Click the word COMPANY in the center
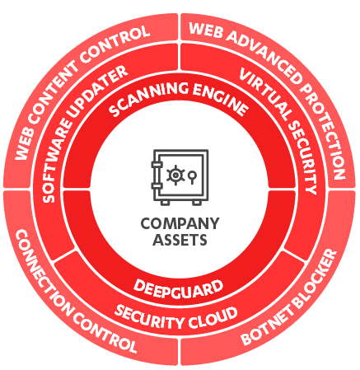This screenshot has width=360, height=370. [x=180, y=223]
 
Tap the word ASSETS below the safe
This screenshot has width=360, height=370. [x=180, y=240]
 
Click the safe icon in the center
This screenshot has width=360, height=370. [x=180, y=177]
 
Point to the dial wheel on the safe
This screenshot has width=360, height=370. [x=175, y=175]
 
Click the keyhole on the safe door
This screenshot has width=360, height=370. [x=192, y=176]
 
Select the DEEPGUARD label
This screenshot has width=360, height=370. [x=178, y=288]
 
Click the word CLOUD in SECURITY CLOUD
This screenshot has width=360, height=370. [x=213, y=320]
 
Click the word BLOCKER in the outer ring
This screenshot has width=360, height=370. [x=316, y=277]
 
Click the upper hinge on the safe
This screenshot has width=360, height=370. [x=157, y=165]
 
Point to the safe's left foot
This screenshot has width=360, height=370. [x=165, y=203]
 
